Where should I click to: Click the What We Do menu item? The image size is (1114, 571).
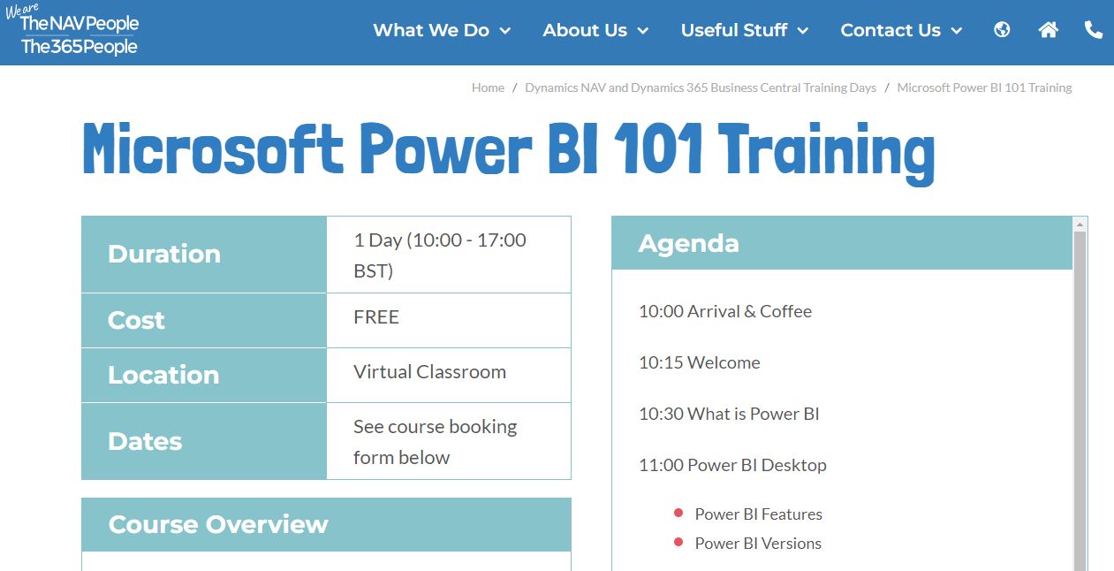442,30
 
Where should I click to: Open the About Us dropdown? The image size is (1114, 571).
595,30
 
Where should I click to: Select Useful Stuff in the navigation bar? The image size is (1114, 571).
744,30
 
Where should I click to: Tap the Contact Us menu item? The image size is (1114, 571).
901,30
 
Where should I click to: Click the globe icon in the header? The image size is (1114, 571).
1002,30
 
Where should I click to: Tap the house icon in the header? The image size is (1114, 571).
1049,30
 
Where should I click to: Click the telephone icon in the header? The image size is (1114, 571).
1093,30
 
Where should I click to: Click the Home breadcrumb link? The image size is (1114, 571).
488,88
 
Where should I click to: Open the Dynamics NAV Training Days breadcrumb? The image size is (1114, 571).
701,88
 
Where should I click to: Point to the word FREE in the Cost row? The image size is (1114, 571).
376,316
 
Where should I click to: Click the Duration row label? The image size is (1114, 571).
164,254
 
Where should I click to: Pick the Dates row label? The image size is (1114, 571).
145,441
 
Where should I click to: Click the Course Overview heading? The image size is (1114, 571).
218,524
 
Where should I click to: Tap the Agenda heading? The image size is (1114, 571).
688,243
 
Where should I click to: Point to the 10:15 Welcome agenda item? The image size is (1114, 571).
700,362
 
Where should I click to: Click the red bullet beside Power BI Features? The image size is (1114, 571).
678,513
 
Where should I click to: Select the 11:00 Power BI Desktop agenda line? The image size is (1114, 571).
732,465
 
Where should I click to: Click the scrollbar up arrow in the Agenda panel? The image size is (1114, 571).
1080,225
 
